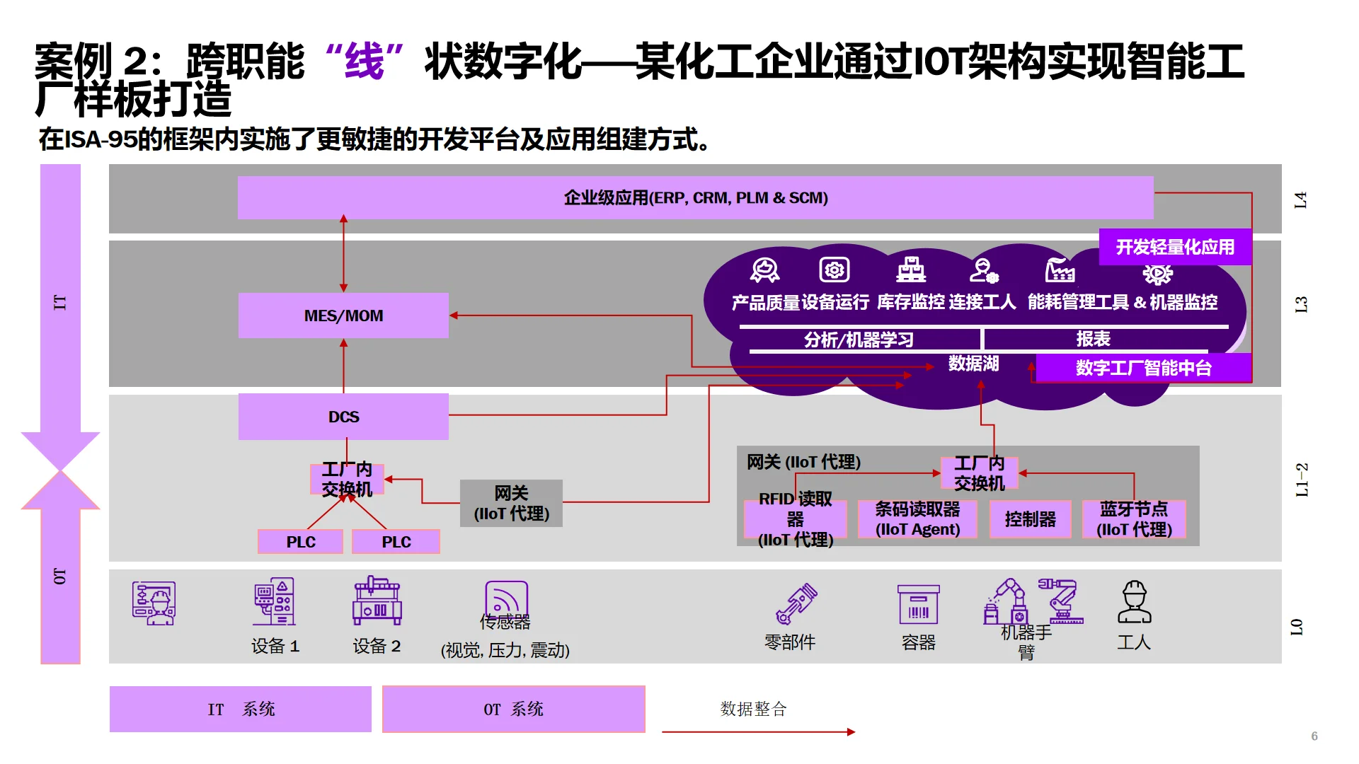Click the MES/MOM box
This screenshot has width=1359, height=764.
(x=343, y=316)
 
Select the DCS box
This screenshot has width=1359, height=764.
(x=343, y=417)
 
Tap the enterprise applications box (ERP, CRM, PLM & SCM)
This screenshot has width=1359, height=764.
(x=695, y=197)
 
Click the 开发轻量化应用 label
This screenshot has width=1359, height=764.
(x=1175, y=247)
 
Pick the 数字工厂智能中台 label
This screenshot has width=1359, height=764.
(x=1143, y=368)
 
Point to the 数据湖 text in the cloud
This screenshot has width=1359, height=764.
(x=973, y=364)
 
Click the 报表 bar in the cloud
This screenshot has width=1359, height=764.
(x=1094, y=339)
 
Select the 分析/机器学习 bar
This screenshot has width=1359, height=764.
(x=859, y=340)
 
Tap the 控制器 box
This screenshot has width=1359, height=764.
(x=1030, y=519)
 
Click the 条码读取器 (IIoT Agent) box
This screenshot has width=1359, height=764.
(x=917, y=519)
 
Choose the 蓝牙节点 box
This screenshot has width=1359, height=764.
(x=1134, y=519)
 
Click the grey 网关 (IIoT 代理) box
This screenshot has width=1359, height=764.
(x=511, y=503)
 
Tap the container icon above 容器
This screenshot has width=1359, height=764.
(x=918, y=604)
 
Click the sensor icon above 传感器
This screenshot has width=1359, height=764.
(x=506, y=598)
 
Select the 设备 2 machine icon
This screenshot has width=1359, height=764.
(x=377, y=601)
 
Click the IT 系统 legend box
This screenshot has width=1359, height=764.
(x=241, y=709)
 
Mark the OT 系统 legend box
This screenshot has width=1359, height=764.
(x=513, y=709)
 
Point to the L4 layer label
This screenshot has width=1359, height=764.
(x=1300, y=199)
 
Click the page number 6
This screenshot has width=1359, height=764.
(x=1314, y=736)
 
